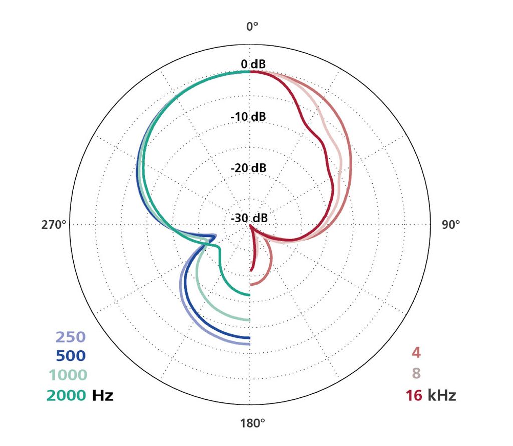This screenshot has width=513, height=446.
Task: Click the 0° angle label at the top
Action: click(x=252, y=25)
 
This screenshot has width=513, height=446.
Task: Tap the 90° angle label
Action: click(x=451, y=225)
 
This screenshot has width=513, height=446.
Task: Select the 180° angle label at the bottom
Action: click(x=252, y=423)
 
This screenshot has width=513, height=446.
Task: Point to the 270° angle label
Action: click(x=54, y=225)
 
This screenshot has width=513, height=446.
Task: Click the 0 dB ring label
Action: click(x=253, y=64)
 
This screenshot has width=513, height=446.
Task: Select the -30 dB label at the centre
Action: click(x=249, y=218)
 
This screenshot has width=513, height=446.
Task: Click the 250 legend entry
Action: click(x=71, y=337)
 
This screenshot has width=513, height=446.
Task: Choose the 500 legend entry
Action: click(x=71, y=356)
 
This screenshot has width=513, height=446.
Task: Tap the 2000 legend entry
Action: click(x=67, y=395)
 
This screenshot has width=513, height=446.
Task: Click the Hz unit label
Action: click(x=102, y=395)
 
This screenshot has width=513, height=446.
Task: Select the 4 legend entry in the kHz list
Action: click(x=416, y=353)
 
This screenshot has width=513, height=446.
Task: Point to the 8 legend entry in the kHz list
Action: click(x=416, y=374)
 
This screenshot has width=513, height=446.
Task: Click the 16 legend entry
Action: click(x=414, y=395)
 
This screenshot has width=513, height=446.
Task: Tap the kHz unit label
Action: click(x=442, y=395)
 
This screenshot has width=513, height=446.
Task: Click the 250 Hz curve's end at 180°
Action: click(x=249, y=343)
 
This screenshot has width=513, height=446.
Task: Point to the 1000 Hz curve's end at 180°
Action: click(x=249, y=319)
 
